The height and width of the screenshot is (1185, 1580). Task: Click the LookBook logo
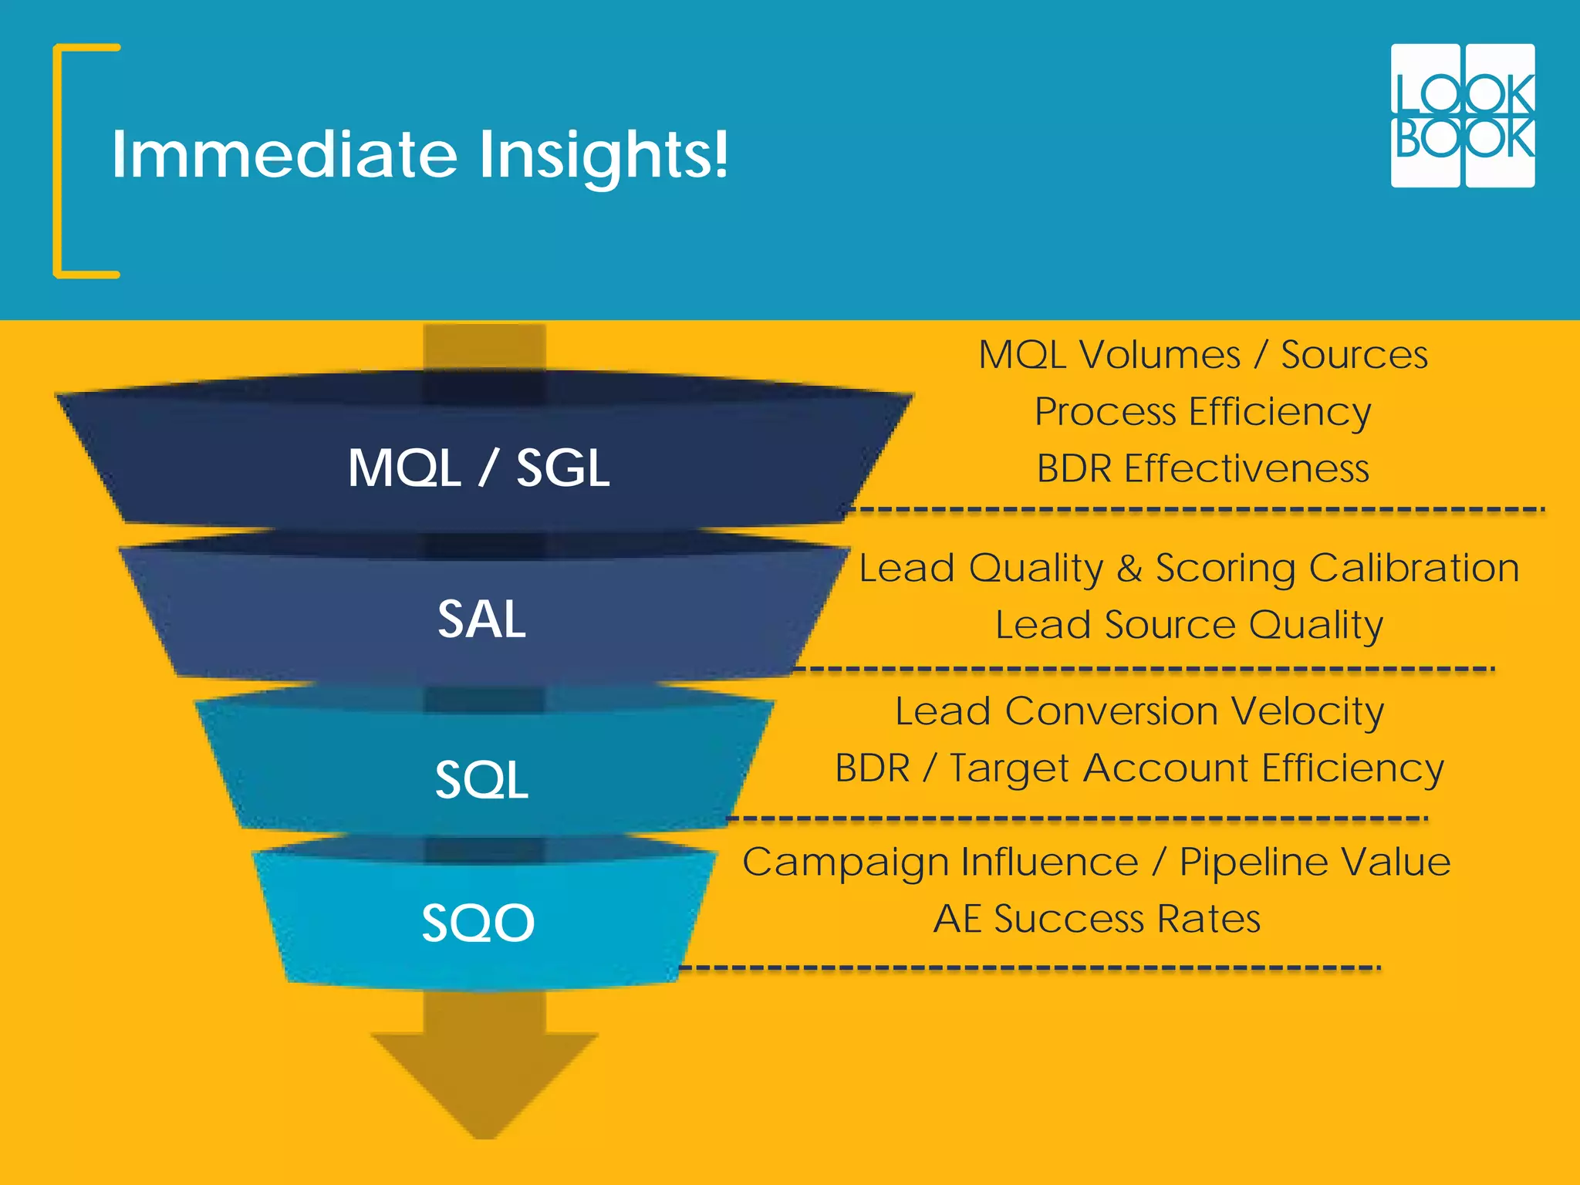click(1462, 116)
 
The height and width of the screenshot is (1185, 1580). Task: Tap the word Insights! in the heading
click(603, 156)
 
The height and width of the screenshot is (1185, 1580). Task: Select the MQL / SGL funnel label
click(478, 468)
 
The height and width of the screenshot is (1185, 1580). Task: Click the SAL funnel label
click(481, 619)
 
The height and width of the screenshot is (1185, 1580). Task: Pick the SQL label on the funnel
click(481, 779)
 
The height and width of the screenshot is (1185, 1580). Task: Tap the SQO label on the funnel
click(478, 923)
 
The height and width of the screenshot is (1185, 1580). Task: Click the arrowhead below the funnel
click(484, 1080)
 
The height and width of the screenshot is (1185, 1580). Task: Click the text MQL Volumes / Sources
click(1203, 355)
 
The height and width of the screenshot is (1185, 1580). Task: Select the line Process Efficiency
click(1203, 411)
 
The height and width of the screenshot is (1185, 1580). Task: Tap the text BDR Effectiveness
click(1203, 468)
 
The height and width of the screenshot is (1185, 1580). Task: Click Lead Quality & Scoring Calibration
click(1189, 569)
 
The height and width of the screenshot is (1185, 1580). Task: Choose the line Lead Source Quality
click(1189, 625)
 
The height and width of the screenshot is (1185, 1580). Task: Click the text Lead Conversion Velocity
click(1139, 711)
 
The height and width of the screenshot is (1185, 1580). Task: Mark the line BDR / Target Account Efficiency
click(1139, 768)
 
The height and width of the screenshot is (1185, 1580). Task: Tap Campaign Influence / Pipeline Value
click(1096, 862)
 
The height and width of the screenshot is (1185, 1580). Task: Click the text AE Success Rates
click(1096, 919)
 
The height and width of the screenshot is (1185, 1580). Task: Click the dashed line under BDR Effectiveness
click(1196, 509)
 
